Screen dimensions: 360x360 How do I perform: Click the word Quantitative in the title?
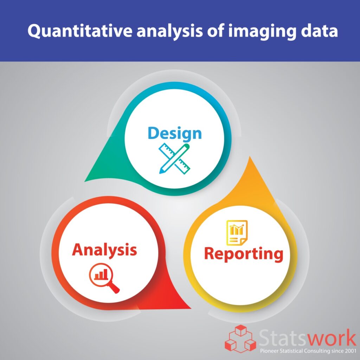pyautogui.click(x=80, y=31)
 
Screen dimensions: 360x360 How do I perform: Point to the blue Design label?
pyautogui.click(x=175, y=133)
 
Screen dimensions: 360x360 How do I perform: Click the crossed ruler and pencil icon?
pyautogui.click(x=174, y=159)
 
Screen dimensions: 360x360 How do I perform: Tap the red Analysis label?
pyautogui.click(x=104, y=250)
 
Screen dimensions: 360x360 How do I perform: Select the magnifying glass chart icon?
pyautogui.click(x=104, y=278)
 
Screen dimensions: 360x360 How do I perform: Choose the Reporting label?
pyautogui.click(x=244, y=254)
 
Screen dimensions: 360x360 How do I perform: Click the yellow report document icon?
pyautogui.click(x=237, y=233)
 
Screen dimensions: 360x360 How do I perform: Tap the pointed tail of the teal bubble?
pyautogui.click(x=85, y=181)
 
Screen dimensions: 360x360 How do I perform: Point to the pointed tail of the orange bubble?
pyautogui.click(x=250, y=157)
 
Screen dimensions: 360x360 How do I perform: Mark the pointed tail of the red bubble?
pyautogui.click(x=190, y=308)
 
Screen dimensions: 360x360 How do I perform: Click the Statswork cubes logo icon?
pyautogui.click(x=240, y=339)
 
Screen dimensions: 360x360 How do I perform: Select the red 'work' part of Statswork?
pyautogui.click(x=332, y=339)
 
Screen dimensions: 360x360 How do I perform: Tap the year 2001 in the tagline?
pyautogui.click(x=351, y=351)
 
